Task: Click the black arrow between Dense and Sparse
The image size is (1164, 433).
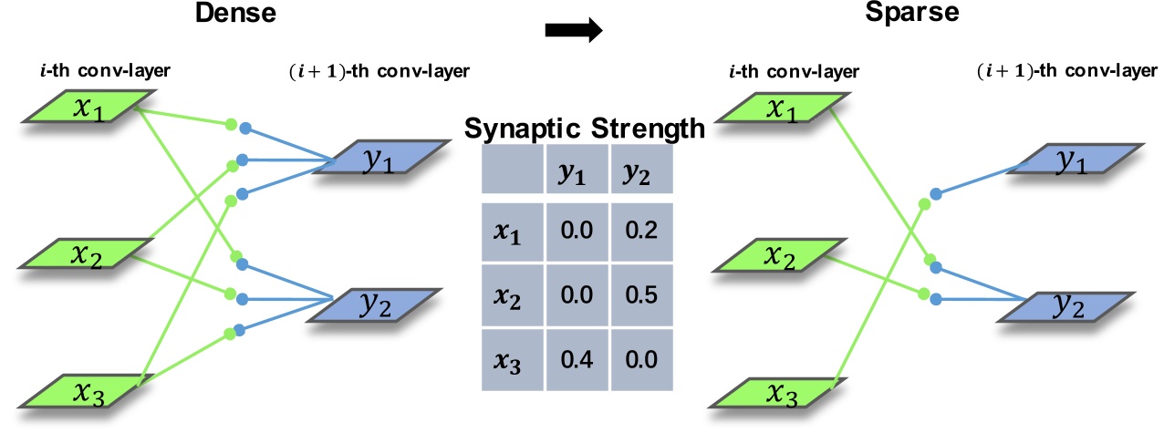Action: [x=574, y=30]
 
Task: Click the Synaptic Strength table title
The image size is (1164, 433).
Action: [x=584, y=129]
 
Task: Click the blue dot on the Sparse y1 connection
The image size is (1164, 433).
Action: [x=936, y=194]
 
